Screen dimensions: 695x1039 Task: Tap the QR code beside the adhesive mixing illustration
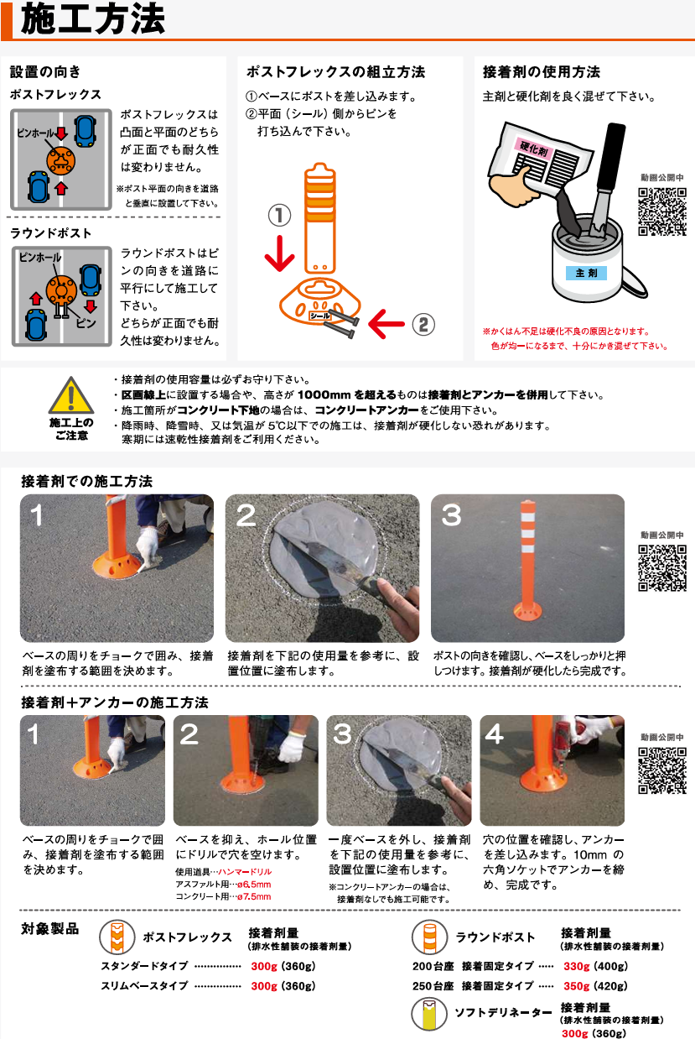tap(662, 211)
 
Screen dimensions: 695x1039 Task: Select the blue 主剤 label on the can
tap(586, 274)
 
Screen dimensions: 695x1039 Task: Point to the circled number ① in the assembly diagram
tap(279, 215)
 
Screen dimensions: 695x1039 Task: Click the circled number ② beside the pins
tap(423, 324)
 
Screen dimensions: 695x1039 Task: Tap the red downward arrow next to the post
tap(279, 253)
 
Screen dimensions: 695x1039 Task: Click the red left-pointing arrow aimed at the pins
tap(386, 324)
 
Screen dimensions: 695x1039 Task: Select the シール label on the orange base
tap(320, 316)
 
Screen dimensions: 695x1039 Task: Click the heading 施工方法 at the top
tap(93, 19)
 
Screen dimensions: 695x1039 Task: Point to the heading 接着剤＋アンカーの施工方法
tap(115, 702)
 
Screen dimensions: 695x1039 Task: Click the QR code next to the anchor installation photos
tap(662, 770)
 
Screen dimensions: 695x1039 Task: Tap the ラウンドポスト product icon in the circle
tap(429, 937)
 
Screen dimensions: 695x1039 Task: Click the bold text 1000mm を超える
tap(347, 394)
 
